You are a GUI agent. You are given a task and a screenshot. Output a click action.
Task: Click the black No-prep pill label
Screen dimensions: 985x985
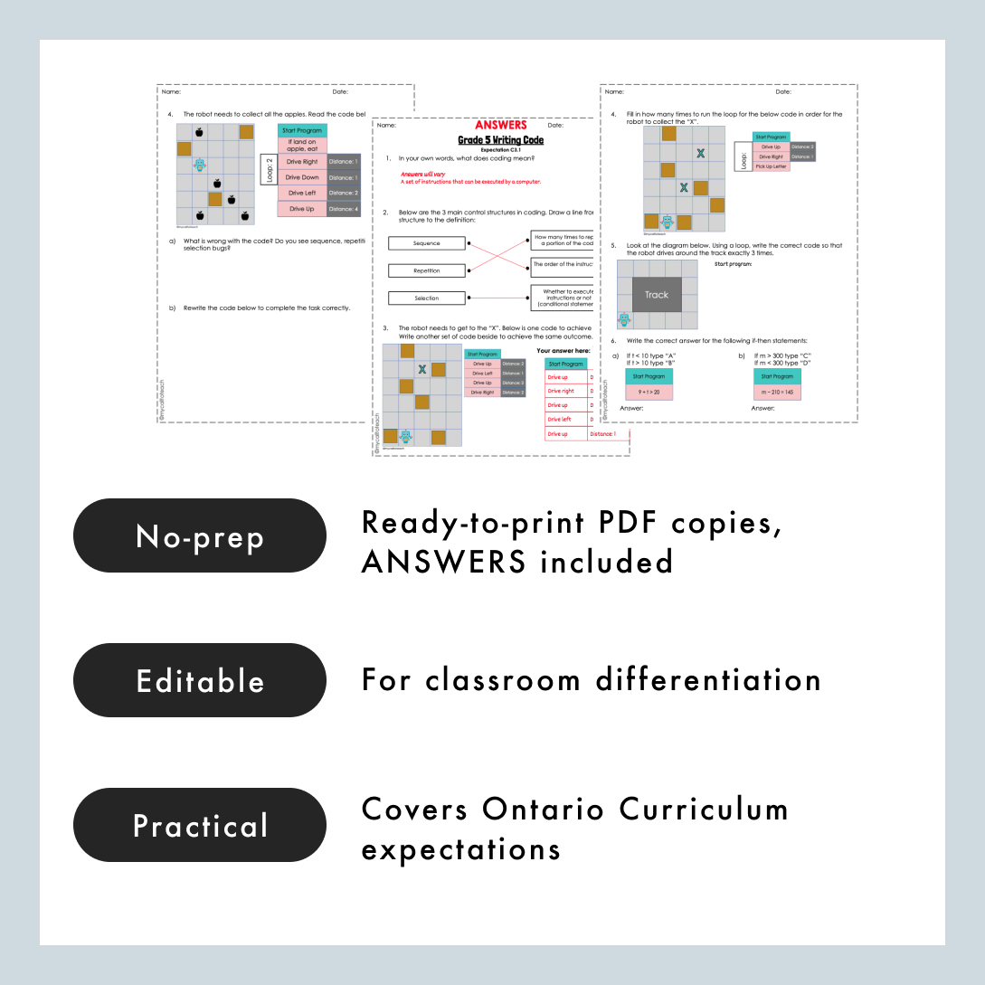[199, 535]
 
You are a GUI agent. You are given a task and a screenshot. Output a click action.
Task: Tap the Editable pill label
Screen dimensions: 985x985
[199, 680]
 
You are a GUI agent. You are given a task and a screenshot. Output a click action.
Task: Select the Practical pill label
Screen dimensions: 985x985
[199, 825]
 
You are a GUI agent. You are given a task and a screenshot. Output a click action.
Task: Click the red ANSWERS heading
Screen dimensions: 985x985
[500, 126]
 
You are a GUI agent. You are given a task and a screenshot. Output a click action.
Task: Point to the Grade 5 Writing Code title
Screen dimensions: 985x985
[500, 140]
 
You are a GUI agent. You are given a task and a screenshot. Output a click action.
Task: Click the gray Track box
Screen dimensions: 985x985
[657, 295]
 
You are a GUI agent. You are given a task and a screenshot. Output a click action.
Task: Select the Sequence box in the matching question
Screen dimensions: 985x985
[426, 243]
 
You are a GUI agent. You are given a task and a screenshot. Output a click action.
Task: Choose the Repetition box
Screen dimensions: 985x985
[426, 270]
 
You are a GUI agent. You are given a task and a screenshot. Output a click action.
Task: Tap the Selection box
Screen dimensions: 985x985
[426, 298]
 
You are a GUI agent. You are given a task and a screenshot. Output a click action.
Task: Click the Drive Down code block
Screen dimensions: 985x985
[302, 177]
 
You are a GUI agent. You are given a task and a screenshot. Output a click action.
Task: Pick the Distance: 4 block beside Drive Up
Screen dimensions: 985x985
[344, 209]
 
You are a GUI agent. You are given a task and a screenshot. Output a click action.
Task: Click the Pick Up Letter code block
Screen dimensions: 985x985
[771, 166]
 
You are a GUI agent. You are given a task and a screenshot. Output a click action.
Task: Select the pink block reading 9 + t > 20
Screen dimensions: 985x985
[649, 393]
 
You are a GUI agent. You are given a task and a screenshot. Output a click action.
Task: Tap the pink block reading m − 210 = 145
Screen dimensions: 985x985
[777, 393]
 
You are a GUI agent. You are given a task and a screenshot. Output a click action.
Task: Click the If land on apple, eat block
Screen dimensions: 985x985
[302, 145]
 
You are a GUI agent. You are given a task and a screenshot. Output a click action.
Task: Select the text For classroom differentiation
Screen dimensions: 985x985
[591, 679]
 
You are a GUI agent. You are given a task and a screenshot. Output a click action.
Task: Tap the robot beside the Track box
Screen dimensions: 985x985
[624, 319]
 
